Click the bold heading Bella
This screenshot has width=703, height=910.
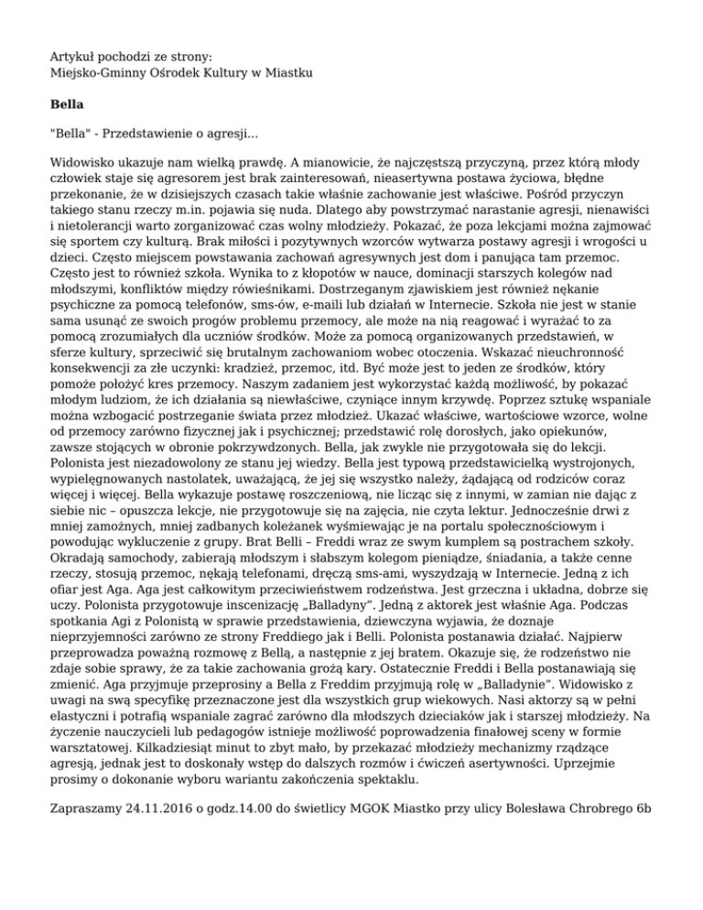point(67,104)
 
